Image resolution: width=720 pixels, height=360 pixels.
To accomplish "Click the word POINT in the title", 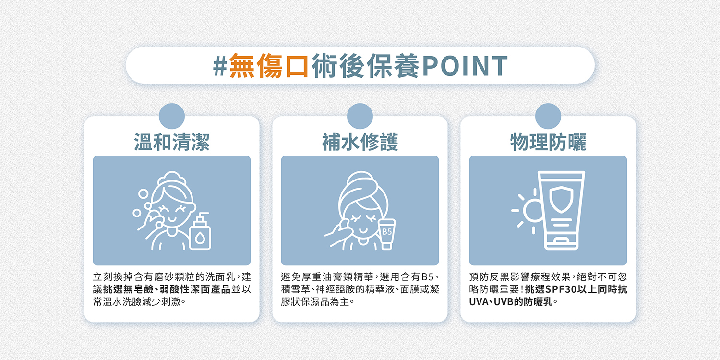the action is click(465, 66).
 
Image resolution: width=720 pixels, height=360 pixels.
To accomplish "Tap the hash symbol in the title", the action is click(220, 66).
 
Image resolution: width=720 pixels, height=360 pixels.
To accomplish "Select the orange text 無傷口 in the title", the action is click(269, 66).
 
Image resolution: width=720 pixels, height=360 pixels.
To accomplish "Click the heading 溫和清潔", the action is click(172, 142).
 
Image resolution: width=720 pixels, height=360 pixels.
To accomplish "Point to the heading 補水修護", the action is click(360, 142).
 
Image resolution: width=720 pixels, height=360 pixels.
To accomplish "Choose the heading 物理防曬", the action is click(548, 142).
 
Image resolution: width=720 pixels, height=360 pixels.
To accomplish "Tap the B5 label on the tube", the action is click(387, 232).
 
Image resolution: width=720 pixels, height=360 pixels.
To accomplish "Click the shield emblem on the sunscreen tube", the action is click(561, 199).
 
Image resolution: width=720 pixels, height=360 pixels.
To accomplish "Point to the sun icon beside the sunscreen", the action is click(527, 211).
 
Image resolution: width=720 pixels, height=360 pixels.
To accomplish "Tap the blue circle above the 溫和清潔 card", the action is click(172, 116).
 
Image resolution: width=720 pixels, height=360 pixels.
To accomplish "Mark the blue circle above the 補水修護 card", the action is click(360, 116).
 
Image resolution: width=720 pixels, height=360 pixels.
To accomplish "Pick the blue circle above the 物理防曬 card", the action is click(548, 116).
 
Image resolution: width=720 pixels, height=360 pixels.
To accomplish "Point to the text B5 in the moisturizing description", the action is click(428, 277).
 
